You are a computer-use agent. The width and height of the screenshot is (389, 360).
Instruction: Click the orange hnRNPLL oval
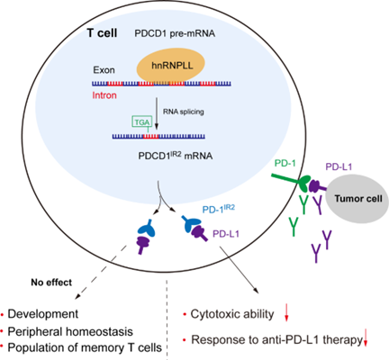(171, 66)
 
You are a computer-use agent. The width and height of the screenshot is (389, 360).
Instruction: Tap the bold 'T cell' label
(102, 32)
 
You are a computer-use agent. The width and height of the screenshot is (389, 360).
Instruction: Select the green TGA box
(141, 121)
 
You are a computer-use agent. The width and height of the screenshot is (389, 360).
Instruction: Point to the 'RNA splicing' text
(184, 112)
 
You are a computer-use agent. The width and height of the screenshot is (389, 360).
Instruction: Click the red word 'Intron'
(104, 95)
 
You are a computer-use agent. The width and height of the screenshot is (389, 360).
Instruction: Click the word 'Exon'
(104, 70)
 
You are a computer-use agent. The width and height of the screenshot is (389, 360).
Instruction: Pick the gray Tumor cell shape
(357, 199)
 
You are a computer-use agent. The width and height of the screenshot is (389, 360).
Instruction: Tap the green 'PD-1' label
(285, 164)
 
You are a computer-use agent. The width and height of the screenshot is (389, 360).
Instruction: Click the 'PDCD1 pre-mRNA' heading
(175, 33)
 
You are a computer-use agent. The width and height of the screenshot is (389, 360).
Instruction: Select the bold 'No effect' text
(51, 283)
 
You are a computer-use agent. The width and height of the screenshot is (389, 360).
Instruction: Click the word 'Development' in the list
(43, 314)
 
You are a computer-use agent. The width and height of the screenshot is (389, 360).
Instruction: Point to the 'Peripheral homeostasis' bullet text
(70, 331)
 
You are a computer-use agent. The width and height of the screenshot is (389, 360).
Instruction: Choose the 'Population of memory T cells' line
(85, 347)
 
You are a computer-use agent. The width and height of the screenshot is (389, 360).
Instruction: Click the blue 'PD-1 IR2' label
(219, 208)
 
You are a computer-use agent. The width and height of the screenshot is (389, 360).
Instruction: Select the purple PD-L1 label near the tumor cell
(339, 166)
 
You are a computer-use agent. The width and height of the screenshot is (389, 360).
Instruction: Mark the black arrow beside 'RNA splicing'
(157, 113)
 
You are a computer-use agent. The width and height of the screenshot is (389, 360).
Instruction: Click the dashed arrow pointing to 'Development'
(101, 272)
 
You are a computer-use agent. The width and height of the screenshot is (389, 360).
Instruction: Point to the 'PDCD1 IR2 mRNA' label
(176, 156)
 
